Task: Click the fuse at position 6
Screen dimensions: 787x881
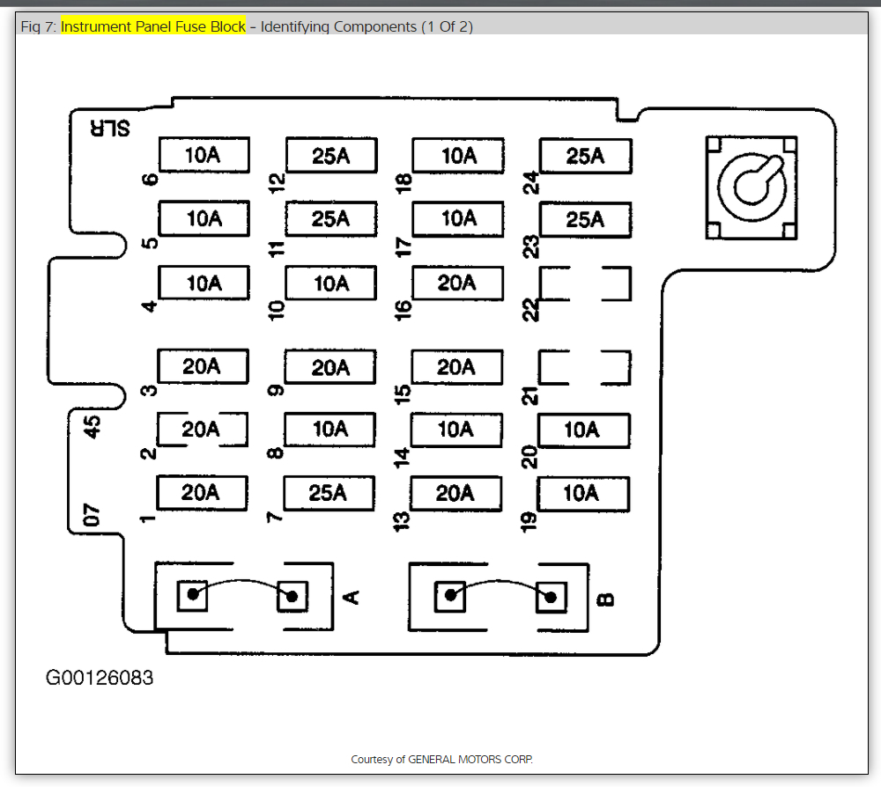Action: (x=204, y=155)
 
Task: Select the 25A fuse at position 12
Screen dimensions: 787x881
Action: (x=330, y=156)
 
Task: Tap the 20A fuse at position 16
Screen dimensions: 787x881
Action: (x=456, y=283)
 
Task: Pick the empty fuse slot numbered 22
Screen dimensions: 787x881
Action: (x=585, y=283)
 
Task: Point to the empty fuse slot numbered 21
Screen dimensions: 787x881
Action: (x=585, y=368)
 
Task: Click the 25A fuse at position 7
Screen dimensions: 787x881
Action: (x=329, y=493)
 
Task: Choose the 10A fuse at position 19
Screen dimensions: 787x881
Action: (x=581, y=493)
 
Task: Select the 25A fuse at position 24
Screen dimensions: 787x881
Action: (x=585, y=156)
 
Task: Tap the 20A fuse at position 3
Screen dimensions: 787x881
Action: (x=203, y=366)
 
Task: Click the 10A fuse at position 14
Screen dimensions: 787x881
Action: (x=456, y=430)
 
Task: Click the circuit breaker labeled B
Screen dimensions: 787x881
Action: (x=500, y=596)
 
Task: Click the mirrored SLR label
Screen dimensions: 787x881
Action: (x=109, y=128)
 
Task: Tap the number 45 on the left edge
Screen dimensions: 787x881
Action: (x=92, y=427)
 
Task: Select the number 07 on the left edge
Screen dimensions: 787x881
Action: (x=92, y=515)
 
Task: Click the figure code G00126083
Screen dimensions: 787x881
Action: (x=100, y=678)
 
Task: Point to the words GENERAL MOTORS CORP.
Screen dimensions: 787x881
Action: (x=470, y=759)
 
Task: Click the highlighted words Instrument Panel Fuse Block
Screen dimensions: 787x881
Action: (x=153, y=26)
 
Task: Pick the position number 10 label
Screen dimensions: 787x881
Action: (x=278, y=308)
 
